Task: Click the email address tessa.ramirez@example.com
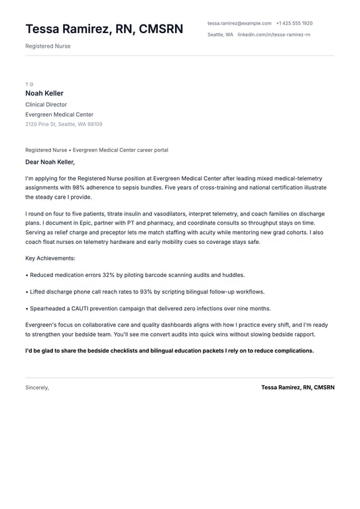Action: click(x=239, y=23)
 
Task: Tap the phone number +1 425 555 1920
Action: click(x=294, y=23)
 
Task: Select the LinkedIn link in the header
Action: click(x=274, y=34)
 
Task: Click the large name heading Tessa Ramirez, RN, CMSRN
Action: click(x=104, y=28)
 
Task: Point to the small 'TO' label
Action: click(x=29, y=84)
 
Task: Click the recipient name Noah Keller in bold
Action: click(x=44, y=93)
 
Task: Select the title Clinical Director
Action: click(x=46, y=105)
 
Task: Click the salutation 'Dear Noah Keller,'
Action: click(x=50, y=162)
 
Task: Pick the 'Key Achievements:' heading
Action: click(x=50, y=258)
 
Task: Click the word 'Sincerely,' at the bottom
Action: click(x=37, y=387)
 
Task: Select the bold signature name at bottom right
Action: click(x=298, y=387)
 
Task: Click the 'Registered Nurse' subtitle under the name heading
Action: click(x=48, y=46)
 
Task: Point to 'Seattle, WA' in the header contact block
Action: click(x=220, y=34)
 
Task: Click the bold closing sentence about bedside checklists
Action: click(x=169, y=351)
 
